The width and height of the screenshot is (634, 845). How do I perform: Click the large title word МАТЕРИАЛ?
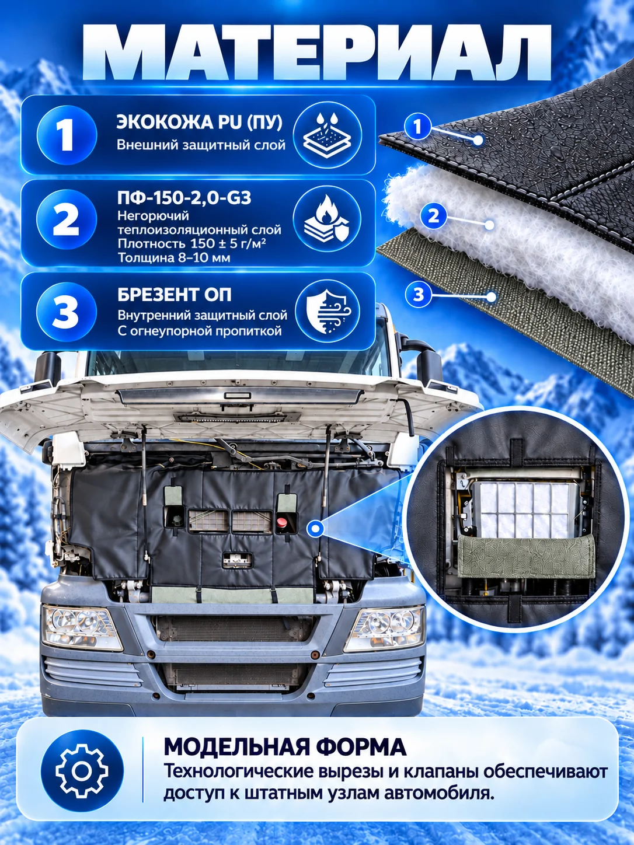316,53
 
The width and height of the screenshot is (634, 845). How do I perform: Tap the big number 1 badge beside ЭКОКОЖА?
67,135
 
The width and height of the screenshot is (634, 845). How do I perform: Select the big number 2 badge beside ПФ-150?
66,219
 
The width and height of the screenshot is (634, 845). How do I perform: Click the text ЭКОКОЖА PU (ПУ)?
200,123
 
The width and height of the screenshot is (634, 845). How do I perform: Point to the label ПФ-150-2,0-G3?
184,198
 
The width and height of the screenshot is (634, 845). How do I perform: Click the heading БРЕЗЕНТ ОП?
175,295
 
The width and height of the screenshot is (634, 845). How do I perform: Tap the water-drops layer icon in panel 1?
327,135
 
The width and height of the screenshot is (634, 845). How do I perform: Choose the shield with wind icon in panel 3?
328,310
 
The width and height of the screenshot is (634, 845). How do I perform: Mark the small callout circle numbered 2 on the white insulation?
433,217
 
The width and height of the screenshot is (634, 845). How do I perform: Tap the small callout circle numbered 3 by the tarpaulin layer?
418,295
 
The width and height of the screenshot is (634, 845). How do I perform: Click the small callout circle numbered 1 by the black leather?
417,126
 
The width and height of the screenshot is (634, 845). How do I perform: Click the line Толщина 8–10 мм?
174,257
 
